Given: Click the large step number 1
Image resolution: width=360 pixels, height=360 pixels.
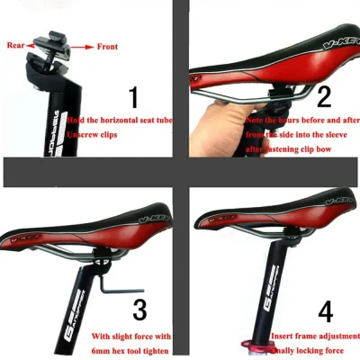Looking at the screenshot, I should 134,96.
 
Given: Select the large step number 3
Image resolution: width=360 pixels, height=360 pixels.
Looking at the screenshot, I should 139,310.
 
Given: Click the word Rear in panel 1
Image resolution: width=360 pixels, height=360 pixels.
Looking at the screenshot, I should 15,43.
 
